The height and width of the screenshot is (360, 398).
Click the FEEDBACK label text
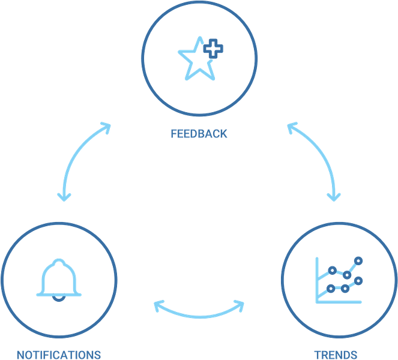pyautogui.click(x=199, y=133)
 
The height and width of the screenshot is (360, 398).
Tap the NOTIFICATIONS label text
pyautogui.click(x=59, y=355)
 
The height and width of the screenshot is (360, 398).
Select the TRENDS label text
pyautogui.click(x=336, y=355)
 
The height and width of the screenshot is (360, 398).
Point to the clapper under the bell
pyautogui.click(x=58, y=297)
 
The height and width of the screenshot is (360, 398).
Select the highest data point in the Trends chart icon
pyautogui.click(x=358, y=260)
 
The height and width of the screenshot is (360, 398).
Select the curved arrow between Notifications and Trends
pyautogui.click(x=199, y=313)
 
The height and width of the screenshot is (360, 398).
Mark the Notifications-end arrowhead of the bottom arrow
pyautogui.click(x=158, y=306)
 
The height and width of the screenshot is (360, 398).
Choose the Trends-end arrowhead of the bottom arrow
pyautogui.click(x=239, y=306)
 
